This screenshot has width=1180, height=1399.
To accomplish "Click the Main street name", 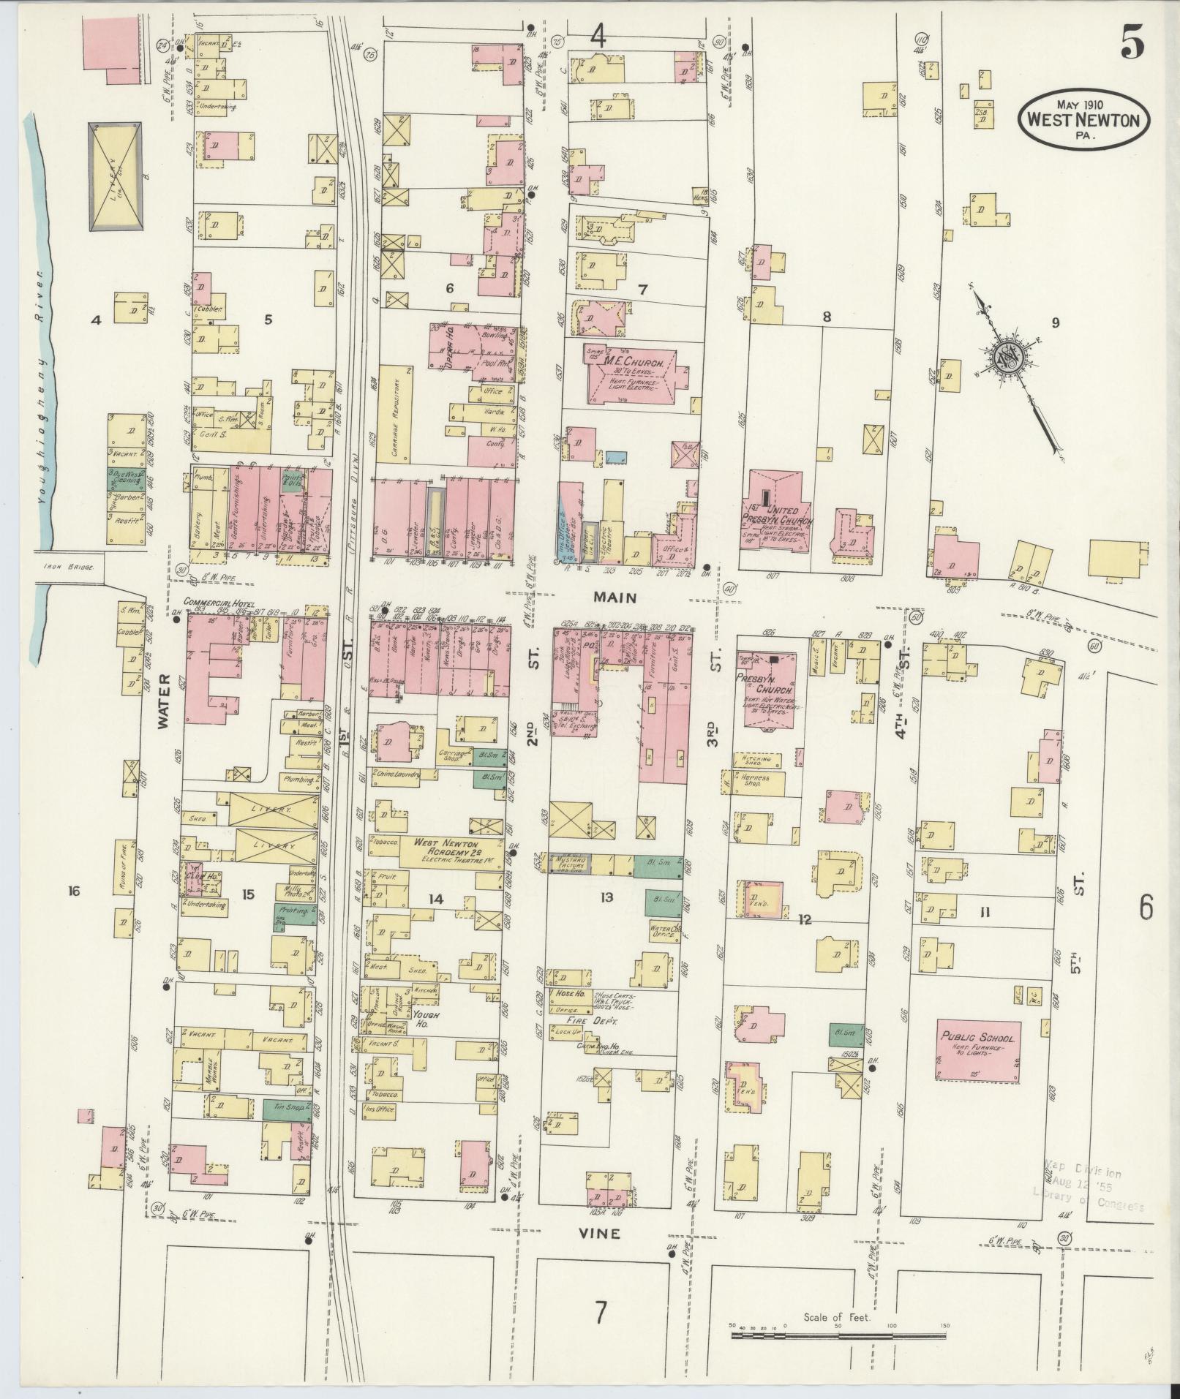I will point(615,597).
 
